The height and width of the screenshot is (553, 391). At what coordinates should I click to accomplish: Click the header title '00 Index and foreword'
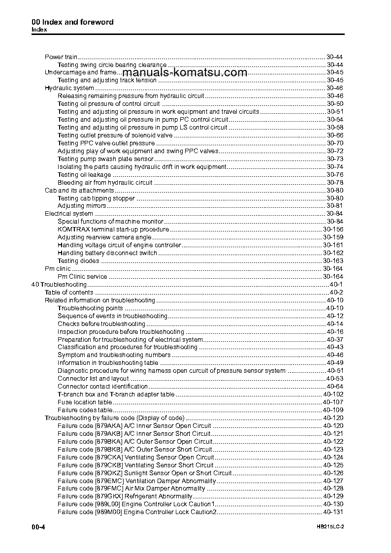tap(72, 22)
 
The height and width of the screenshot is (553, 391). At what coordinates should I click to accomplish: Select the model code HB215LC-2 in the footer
tap(330, 527)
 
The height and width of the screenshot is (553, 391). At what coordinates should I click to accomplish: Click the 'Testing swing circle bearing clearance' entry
tap(112, 65)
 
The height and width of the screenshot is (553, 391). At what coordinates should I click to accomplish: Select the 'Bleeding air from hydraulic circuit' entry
tap(105, 183)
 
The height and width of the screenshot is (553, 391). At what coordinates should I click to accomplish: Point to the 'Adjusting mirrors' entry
tap(82, 206)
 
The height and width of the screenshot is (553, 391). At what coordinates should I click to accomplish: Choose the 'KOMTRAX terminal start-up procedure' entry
tap(113, 229)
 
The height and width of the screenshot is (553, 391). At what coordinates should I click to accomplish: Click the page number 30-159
tap(333, 237)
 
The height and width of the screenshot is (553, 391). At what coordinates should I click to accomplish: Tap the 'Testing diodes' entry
tap(78, 261)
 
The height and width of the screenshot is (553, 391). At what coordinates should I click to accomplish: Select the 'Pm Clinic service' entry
tap(82, 277)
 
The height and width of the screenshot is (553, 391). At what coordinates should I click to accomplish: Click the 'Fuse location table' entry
tap(85, 402)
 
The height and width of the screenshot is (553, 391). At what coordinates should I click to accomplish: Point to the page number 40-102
tap(333, 394)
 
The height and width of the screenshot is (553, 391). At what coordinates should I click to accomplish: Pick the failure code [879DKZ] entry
tap(144, 473)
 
